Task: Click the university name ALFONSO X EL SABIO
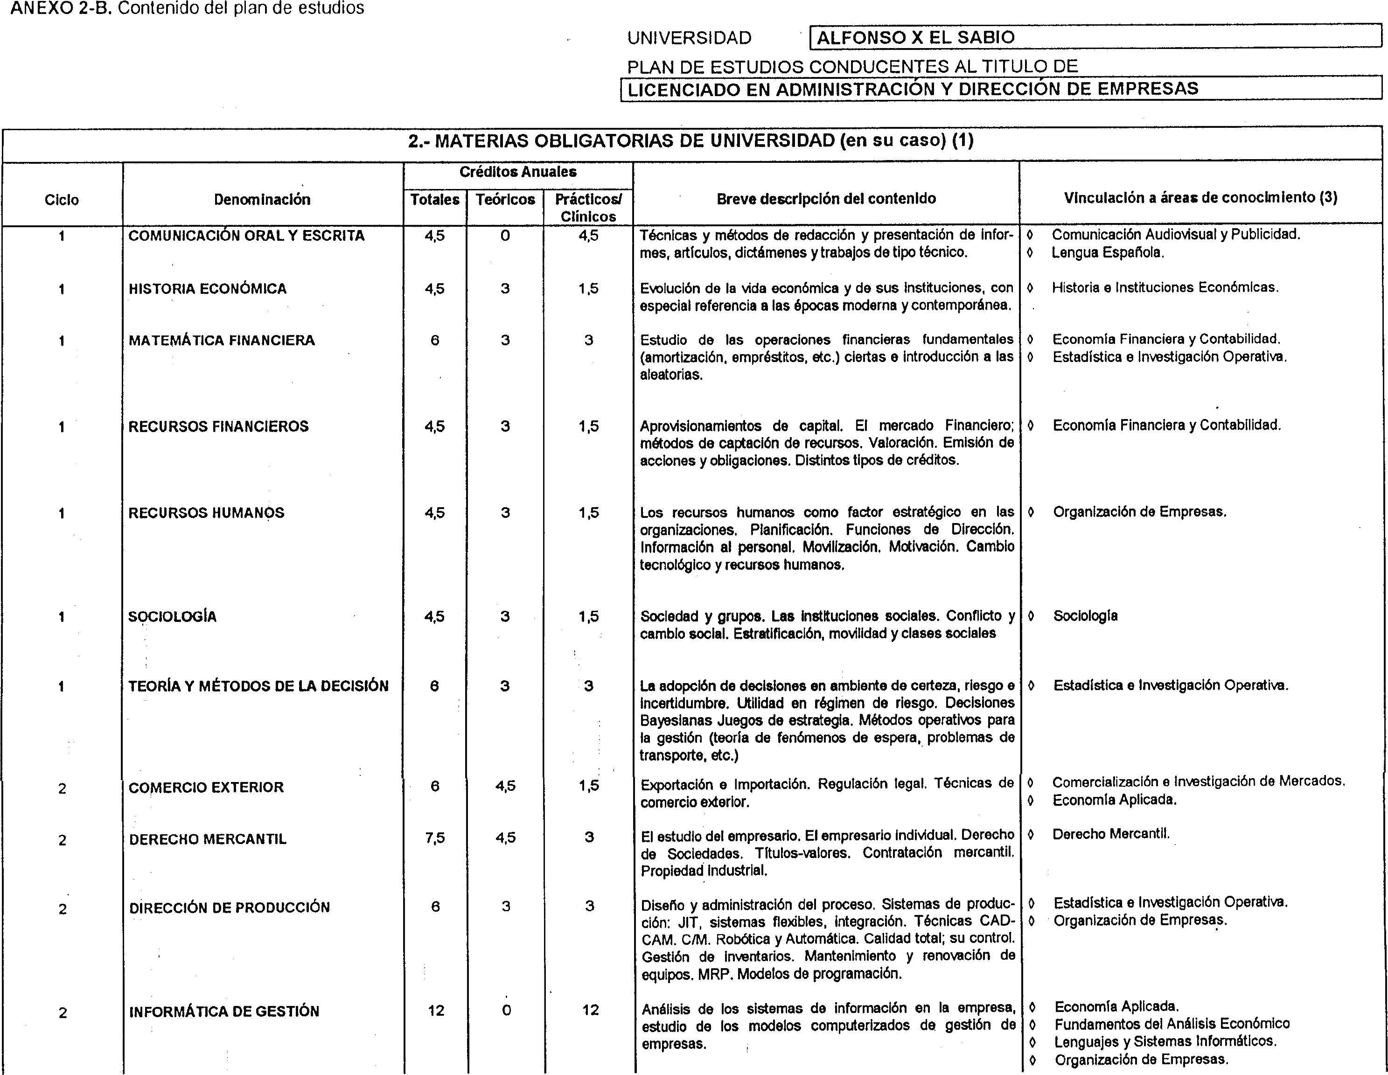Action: click(x=915, y=37)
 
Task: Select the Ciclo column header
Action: click(x=62, y=200)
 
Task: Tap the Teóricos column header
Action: click(x=505, y=200)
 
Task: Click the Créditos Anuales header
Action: click(x=518, y=172)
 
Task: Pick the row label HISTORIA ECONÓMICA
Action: click(x=207, y=289)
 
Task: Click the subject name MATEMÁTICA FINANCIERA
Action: click(x=222, y=340)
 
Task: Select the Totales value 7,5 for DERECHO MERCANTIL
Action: click(x=435, y=838)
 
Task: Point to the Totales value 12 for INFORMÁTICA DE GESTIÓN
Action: click(x=436, y=1010)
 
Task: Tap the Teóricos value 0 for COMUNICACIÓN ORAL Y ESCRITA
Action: click(x=505, y=236)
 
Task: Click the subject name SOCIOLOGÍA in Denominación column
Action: click(x=172, y=616)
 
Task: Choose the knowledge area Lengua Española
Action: click(x=1108, y=252)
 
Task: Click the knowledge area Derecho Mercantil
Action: click(x=1111, y=834)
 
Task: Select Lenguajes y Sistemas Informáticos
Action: click(x=1165, y=1041)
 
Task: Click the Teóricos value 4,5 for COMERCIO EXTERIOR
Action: click(x=506, y=786)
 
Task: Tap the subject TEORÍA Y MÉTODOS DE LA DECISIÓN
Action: click(x=258, y=685)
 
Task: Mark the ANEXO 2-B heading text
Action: click(x=188, y=8)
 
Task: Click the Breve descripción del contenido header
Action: click(x=826, y=198)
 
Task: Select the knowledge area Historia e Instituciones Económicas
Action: click(x=1165, y=287)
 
